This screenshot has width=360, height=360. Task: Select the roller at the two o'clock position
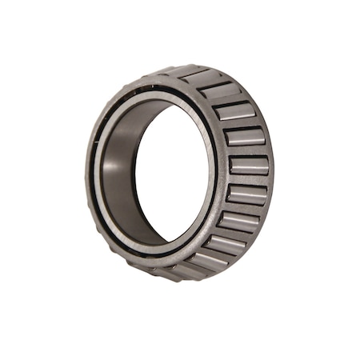[x=234, y=112]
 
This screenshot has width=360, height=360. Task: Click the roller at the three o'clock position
[x=248, y=166]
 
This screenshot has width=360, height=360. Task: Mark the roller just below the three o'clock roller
[x=246, y=194]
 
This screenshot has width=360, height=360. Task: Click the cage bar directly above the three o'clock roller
[x=248, y=151]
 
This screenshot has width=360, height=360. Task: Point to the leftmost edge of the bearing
[x=85, y=172]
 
